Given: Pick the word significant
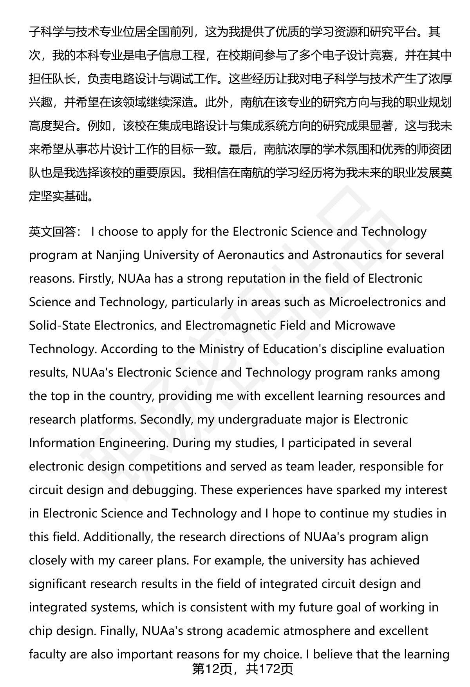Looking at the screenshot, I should click(x=58, y=584).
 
